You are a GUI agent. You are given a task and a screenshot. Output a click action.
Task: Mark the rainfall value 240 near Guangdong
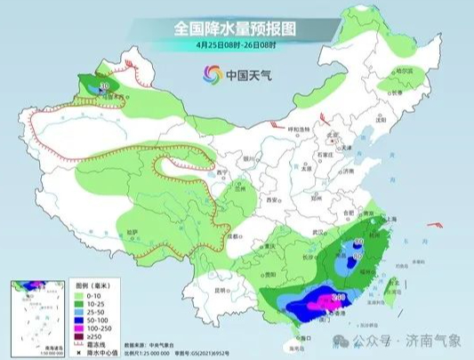coord(338,297)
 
